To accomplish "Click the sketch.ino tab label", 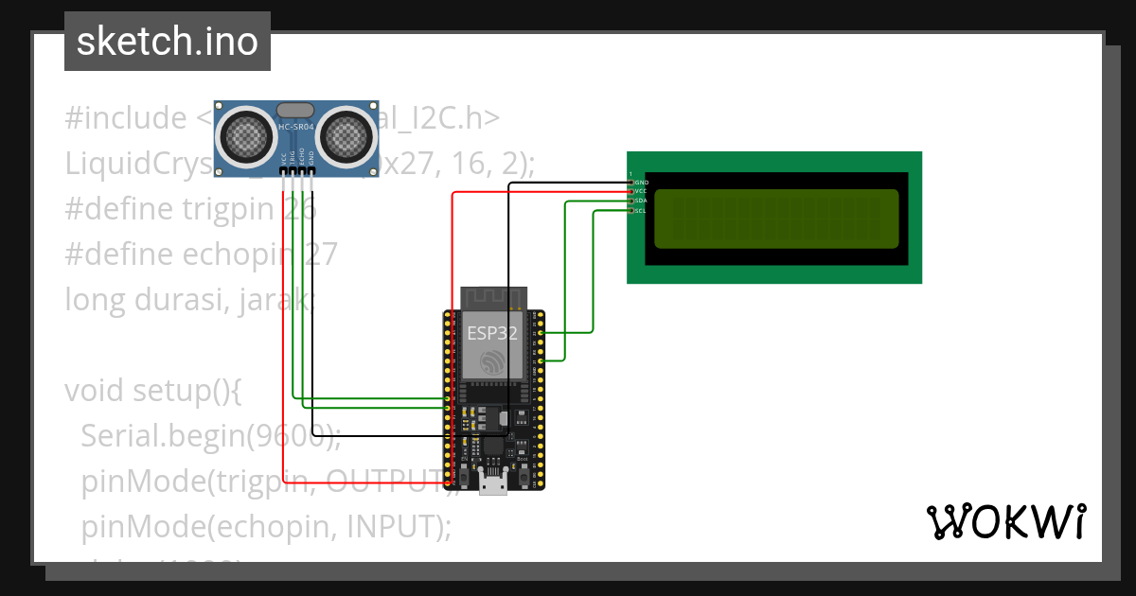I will coord(167,42).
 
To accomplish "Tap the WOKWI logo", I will coord(1004,521).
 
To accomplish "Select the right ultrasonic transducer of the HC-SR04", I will coord(346,136).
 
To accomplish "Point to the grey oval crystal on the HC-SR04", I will coord(296,112).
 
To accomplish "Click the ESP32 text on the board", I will coord(491,333).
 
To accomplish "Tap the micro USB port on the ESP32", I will coord(491,483).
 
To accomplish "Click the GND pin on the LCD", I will coord(640,182).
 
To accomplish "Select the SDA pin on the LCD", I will coord(640,201).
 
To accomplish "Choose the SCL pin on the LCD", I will coord(640,210).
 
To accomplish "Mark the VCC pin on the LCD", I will coord(640,191).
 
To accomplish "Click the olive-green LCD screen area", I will coord(775,219).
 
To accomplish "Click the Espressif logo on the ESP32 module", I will coord(491,361).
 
